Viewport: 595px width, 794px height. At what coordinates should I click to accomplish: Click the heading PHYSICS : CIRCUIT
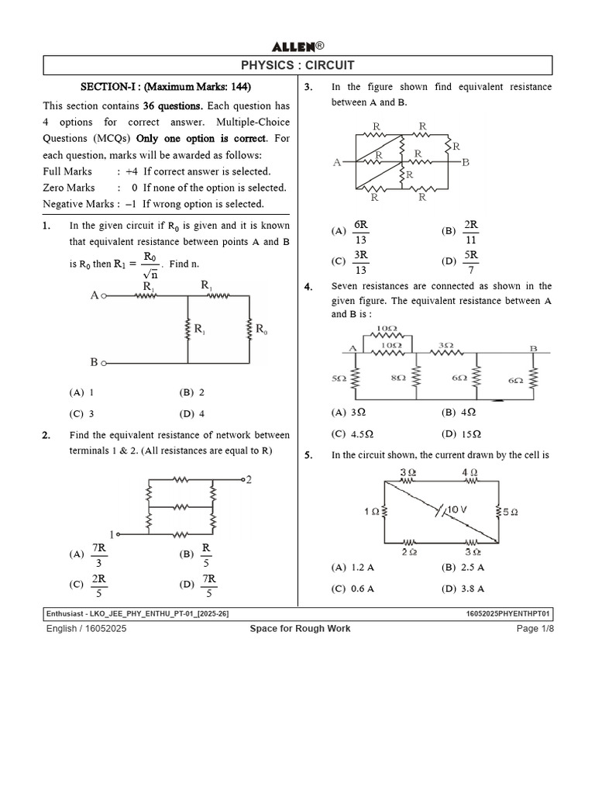pyautogui.click(x=297, y=66)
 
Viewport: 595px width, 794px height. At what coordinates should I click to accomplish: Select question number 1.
pyautogui.click(x=46, y=226)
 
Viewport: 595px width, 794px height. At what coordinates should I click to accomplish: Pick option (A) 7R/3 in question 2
pyautogui.click(x=88, y=554)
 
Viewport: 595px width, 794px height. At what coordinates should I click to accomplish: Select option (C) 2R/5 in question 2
pyautogui.click(x=88, y=585)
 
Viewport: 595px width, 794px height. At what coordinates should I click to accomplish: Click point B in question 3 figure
pyautogui.click(x=465, y=162)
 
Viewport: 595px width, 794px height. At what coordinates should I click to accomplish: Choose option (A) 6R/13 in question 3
pyautogui.click(x=351, y=231)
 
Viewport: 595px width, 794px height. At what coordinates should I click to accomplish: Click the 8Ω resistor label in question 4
pyautogui.click(x=398, y=378)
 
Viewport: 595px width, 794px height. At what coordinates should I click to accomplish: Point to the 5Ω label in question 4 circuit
pyautogui.click(x=339, y=378)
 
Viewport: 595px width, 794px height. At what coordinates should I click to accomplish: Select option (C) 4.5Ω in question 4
pyautogui.click(x=353, y=433)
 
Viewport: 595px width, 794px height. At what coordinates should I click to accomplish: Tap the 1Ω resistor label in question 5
pyautogui.click(x=372, y=512)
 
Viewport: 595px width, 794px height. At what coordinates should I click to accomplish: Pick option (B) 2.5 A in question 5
pyautogui.click(x=463, y=568)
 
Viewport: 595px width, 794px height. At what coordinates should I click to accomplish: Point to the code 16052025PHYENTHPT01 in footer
pyautogui.click(x=507, y=614)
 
